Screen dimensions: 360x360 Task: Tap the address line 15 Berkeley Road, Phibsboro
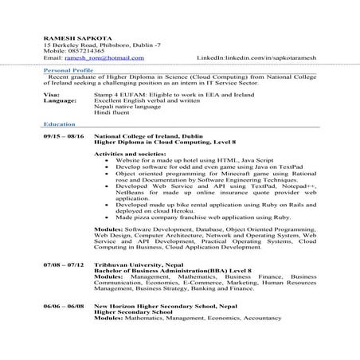click(94, 45)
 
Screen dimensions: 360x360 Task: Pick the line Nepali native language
click(143, 107)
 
